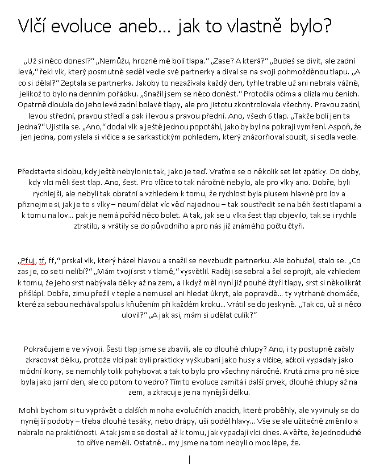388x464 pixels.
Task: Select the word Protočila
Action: [x=264, y=93]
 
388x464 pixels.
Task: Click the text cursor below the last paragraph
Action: [x=189, y=458]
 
